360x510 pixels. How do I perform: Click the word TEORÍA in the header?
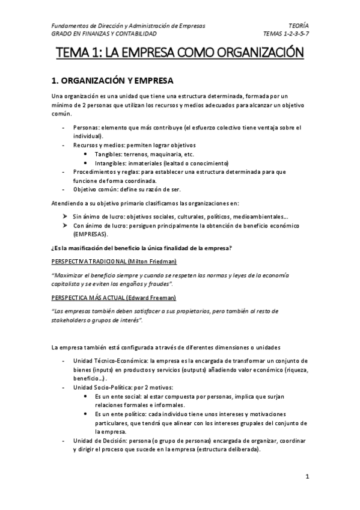(x=299, y=26)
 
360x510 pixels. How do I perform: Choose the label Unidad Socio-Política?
(x=103, y=388)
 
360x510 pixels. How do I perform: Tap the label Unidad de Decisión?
(x=99, y=441)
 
